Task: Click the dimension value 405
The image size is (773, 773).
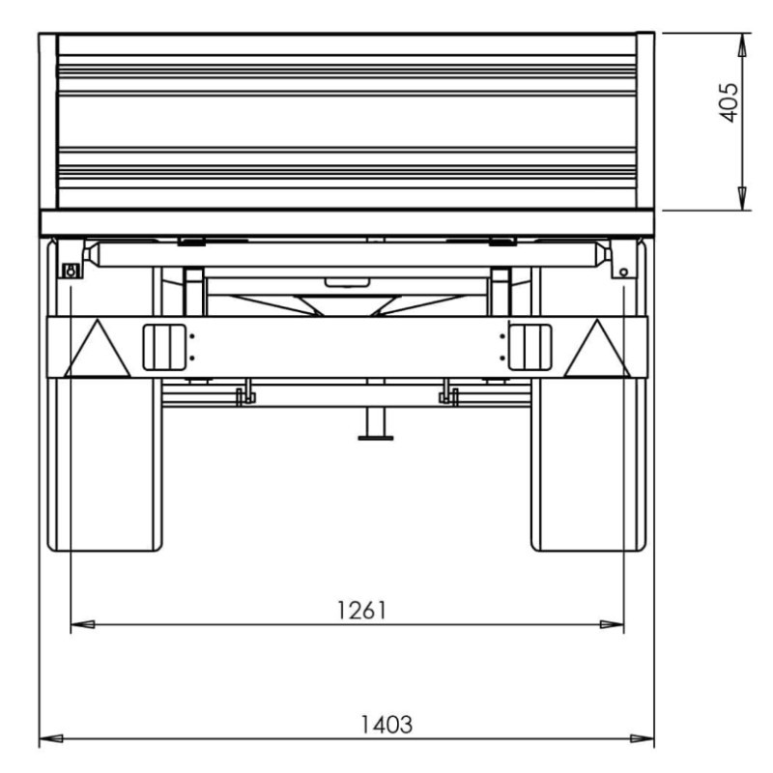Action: click(730, 102)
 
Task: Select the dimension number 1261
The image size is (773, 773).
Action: click(361, 611)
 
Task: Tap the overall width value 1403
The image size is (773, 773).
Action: click(386, 725)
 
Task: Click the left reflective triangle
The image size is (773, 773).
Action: click(98, 349)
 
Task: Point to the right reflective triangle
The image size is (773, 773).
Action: click(597, 349)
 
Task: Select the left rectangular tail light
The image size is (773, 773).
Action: click(164, 347)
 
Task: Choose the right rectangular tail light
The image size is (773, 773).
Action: click(530, 347)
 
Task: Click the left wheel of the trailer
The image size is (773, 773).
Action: click(104, 394)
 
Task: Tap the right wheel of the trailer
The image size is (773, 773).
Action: click(588, 394)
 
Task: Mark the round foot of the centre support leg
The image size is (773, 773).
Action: click(376, 438)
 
